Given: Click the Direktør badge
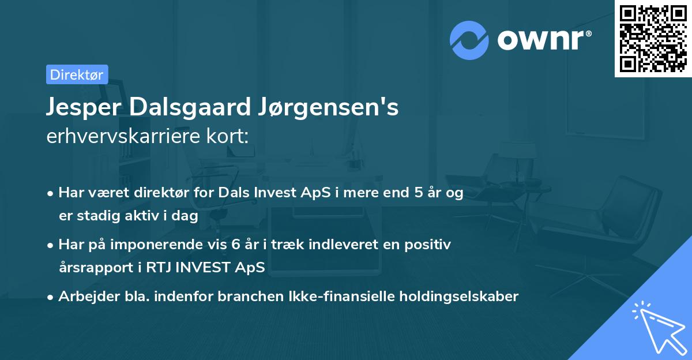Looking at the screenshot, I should click(x=77, y=74).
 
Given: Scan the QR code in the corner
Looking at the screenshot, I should click(x=653, y=38).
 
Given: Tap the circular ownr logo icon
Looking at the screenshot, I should click(x=469, y=40).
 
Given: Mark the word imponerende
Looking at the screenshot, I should click(x=149, y=245).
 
